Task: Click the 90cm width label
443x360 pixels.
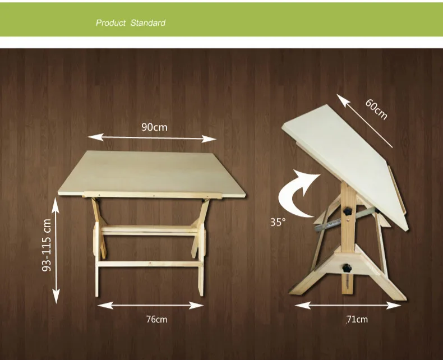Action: tap(154, 127)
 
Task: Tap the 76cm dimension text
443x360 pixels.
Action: tap(157, 319)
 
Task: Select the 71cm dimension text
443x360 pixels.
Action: tap(357, 319)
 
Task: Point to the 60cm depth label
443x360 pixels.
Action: tap(376, 109)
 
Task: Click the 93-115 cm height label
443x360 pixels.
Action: tap(47, 245)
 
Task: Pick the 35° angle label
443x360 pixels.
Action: tap(278, 222)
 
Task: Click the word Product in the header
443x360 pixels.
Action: tap(110, 23)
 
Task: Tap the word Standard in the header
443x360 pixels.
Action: tap(148, 23)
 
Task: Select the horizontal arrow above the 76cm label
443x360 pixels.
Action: tap(150, 305)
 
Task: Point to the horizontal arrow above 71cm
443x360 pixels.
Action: tap(348, 306)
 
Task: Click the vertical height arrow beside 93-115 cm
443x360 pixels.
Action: tap(56, 250)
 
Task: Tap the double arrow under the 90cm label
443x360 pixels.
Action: tap(152, 138)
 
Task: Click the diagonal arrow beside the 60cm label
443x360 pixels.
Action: tap(364, 121)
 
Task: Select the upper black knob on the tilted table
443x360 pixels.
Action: tap(347, 211)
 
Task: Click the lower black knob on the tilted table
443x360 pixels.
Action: tap(346, 268)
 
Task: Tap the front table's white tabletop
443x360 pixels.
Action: tap(152, 172)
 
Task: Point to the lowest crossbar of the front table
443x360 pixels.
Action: tap(150, 264)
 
